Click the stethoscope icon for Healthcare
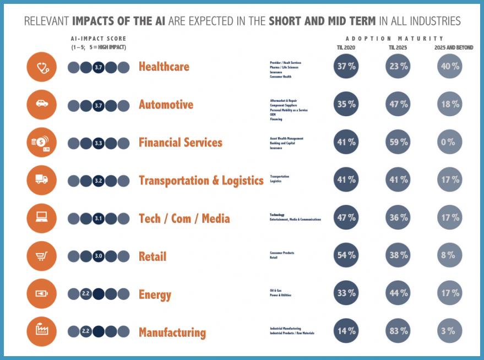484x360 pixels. (42, 67)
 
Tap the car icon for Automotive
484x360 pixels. (42, 105)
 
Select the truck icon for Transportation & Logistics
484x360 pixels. (42, 180)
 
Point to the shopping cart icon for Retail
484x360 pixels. (42, 256)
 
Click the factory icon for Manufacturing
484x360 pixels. (42, 331)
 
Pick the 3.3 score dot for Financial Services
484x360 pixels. (99, 143)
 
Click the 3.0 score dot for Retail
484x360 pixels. (99, 257)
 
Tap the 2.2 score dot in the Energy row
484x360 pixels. (86, 294)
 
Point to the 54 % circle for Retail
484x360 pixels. (346, 256)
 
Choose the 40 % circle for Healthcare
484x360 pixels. (448, 67)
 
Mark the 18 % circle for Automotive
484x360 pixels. (448, 105)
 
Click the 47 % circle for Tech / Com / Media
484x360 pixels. (346, 218)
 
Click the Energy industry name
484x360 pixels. (155, 294)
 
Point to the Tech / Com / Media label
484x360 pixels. (184, 219)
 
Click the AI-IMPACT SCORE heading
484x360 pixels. (99, 39)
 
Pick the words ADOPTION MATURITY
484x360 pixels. (394, 39)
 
